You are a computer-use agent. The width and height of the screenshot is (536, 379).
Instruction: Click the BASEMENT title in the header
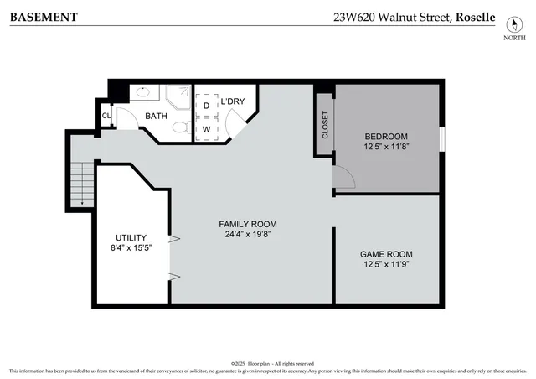click(44, 17)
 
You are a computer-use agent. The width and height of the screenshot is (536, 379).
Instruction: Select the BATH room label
click(156, 116)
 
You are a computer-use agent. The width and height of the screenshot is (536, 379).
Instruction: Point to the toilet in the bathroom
click(179, 127)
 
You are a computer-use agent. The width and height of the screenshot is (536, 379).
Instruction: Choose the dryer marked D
click(206, 106)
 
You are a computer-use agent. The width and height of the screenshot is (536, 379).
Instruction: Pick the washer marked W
click(206, 130)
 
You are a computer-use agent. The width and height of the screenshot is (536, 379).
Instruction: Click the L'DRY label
click(233, 101)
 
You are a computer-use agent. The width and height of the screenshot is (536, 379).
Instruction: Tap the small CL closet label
click(106, 116)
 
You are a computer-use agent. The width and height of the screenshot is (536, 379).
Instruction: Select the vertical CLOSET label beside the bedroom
click(325, 125)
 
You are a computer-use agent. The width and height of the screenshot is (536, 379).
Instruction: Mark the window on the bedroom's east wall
click(441, 138)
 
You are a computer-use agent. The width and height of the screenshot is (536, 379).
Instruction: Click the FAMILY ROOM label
click(247, 224)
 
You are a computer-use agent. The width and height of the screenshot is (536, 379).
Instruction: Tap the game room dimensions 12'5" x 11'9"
click(386, 264)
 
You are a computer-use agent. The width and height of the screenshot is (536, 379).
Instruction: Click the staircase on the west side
click(81, 184)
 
